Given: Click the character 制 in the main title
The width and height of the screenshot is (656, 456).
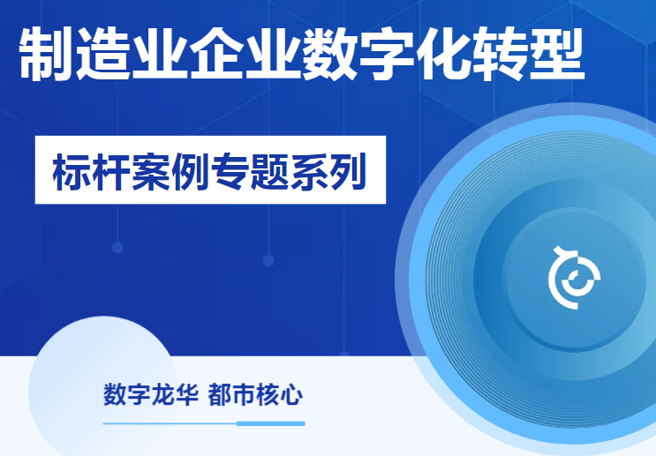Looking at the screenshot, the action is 46,54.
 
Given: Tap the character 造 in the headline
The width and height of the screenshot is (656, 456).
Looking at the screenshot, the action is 103,54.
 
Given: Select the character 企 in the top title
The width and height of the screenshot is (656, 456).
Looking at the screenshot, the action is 216,54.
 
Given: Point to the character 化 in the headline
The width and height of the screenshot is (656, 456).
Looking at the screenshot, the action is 443,54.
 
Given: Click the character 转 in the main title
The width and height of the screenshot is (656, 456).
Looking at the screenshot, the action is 500,54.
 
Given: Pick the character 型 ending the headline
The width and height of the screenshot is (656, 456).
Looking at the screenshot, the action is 557,54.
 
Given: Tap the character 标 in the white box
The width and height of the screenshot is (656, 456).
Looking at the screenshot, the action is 72,172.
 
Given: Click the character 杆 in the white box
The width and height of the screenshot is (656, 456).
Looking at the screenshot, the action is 111,172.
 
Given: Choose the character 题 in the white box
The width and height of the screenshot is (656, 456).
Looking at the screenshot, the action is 268,172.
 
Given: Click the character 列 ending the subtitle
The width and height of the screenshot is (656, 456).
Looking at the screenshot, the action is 347,172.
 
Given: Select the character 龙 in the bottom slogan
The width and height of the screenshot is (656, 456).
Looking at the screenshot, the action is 162,394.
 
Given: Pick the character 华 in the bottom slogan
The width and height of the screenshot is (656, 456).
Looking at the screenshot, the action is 186,394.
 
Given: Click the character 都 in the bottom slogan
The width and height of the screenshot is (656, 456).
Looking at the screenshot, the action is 220,394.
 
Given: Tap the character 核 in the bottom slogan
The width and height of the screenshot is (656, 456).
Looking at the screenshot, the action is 268,394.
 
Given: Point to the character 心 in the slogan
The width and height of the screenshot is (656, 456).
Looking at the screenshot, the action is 291,394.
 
